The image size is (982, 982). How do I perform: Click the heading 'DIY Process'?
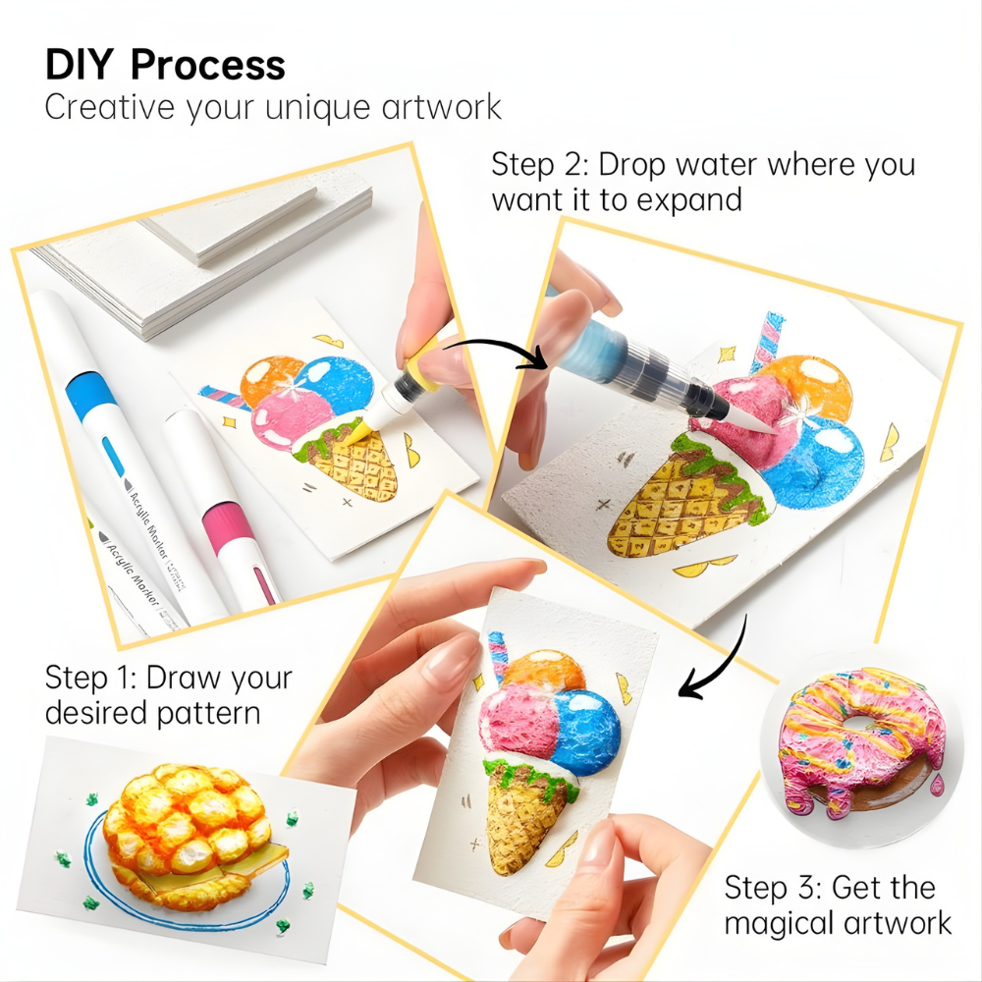coord(165,65)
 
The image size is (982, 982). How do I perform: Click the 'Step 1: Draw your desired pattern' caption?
coord(168,693)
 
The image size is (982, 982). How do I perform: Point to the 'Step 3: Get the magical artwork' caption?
coord(838,904)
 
